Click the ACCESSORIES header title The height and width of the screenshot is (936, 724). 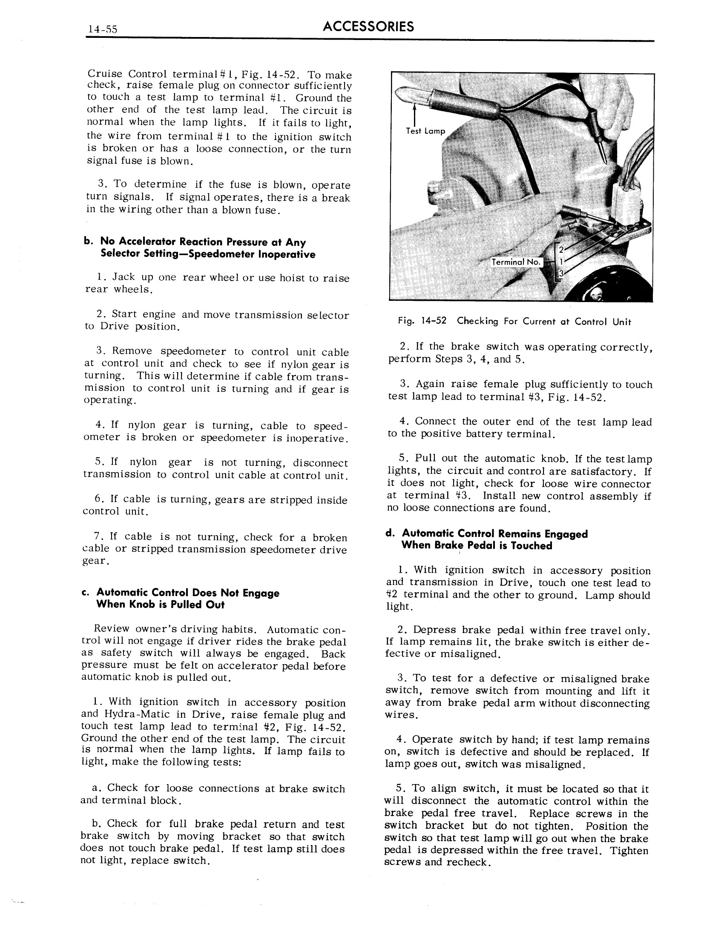pos(368,26)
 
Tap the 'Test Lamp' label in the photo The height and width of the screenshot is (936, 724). pos(425,131)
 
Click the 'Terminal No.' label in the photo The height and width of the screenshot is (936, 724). pos(517,262)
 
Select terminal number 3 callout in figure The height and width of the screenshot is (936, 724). pos(560,274)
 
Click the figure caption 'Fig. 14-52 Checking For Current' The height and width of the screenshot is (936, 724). pos(514,321)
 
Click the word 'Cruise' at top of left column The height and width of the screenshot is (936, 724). pos(104,74)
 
